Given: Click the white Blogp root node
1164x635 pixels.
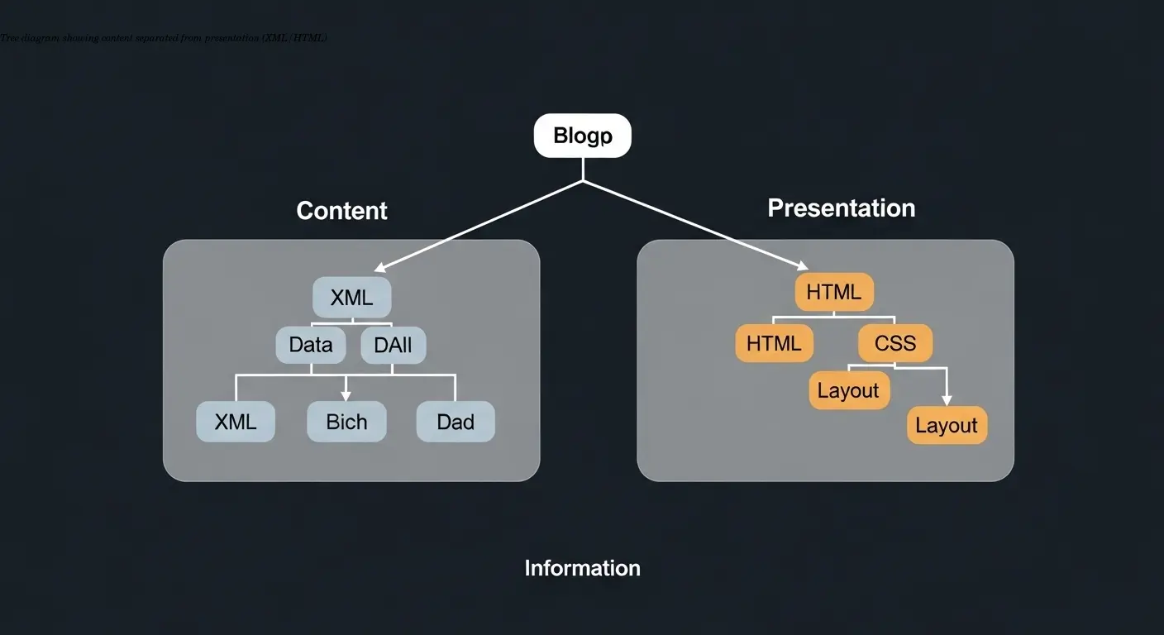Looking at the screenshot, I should click(582, 136).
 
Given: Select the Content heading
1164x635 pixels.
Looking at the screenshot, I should click(341, 211).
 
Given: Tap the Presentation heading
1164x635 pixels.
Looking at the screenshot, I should click(841, 208).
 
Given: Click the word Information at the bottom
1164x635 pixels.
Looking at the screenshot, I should click(582, 568).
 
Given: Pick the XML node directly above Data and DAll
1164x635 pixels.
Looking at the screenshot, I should click(351, 298).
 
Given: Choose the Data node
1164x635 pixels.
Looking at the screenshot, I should click(311, 345).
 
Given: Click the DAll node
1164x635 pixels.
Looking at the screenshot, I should click(393, 345).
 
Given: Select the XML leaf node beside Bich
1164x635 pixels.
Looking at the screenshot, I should click(236, 422).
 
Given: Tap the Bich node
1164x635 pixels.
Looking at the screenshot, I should click(346, 422).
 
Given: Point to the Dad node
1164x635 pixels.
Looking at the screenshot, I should click(455, 422).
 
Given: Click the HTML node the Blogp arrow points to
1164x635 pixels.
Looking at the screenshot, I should click(833, 292).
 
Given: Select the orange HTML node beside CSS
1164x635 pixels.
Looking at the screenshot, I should click(774, 343).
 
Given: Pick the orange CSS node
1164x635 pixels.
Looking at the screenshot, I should click(894, 343).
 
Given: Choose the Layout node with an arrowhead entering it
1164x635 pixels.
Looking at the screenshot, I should click(947, 425).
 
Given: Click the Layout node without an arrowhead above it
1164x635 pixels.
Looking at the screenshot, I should click(848, 390).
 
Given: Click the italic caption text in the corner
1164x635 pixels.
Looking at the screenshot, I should click(164, 38).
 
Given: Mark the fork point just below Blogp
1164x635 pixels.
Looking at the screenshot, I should click(583, 180).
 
